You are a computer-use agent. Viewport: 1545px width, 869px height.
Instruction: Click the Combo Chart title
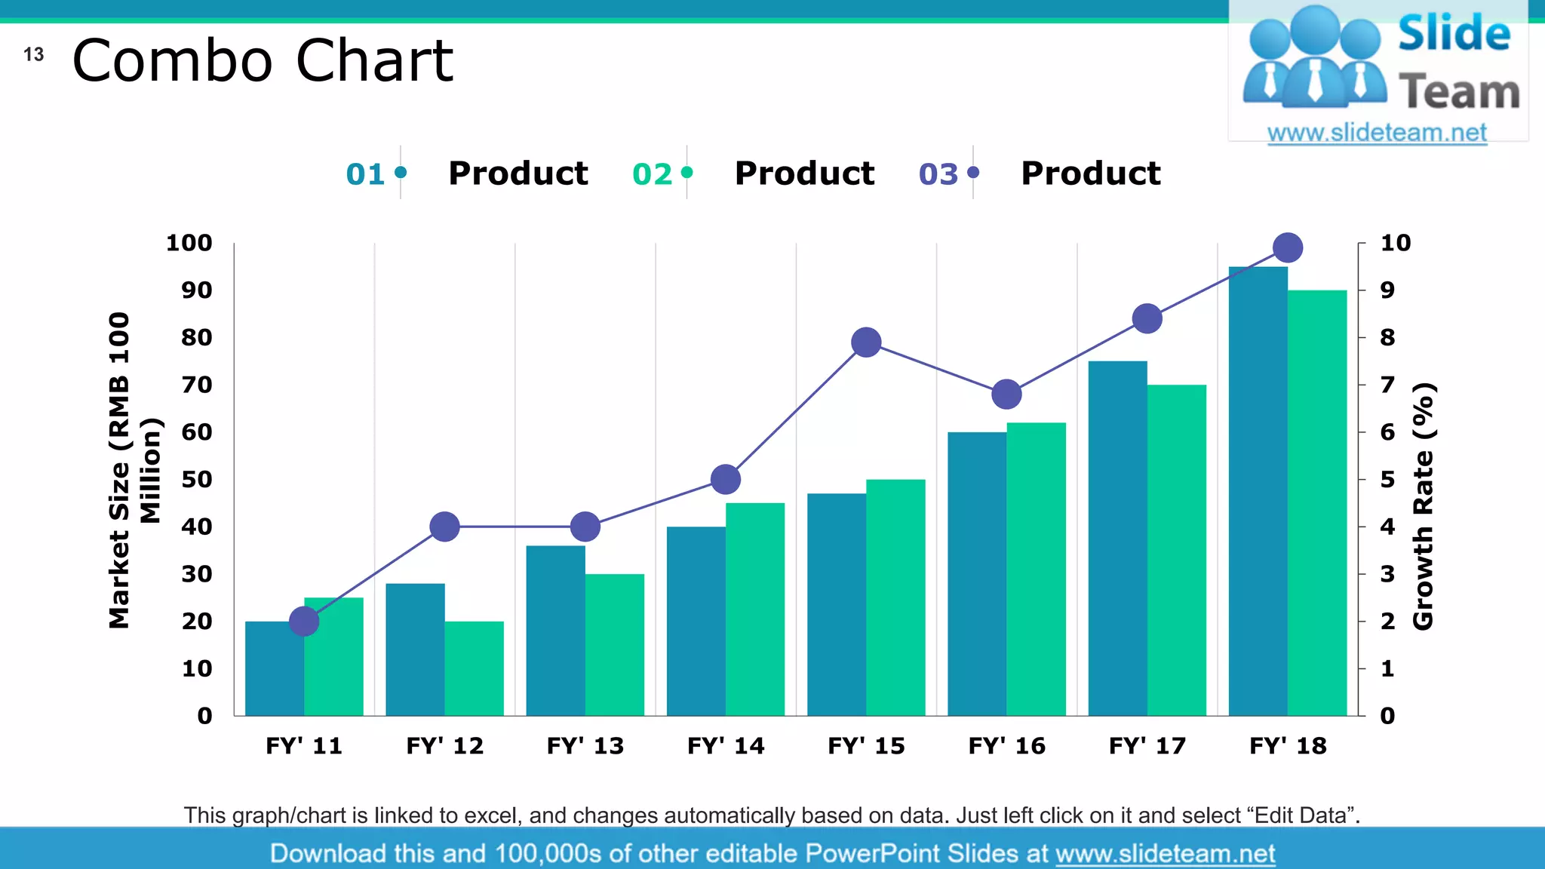click(x=262, y=61)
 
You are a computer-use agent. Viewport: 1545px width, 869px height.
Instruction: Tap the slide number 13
click(x=33, y=55)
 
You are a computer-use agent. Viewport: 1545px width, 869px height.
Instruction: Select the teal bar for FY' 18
click(x=1258, y=490)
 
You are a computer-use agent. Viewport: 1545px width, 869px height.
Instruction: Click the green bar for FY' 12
click(x=474, y=668)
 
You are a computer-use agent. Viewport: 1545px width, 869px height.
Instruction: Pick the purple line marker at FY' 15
click(x=866, y=342)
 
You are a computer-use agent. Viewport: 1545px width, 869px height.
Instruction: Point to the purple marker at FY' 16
click(x=1006, y=395)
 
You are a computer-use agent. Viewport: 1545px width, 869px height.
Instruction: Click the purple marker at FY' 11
click(x=304, y=622)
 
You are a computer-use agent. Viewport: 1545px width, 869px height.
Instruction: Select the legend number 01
click(x=365, y=174)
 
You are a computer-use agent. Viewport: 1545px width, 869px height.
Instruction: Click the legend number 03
click(x=938, y=174)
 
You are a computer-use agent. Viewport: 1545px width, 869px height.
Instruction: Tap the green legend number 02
click(x=652, y=174)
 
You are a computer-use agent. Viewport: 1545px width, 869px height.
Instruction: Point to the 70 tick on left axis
click(x=196, y=385)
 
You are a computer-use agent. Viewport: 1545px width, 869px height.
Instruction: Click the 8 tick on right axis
click(x=1387, y=338)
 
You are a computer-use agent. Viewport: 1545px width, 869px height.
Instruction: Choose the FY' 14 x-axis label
click(x=726, y=746)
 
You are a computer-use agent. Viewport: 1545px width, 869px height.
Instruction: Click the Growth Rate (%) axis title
click(x=1423, y=505)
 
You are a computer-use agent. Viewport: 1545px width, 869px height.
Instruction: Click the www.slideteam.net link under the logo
click(x=1377, y=133)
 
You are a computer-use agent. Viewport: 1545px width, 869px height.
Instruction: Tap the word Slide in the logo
click(x=1454, y=35)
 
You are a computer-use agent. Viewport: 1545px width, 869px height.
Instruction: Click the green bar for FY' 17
click(x=1176, y=551)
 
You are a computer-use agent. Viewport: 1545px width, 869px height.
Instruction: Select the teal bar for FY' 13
click(x=555, y=631)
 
